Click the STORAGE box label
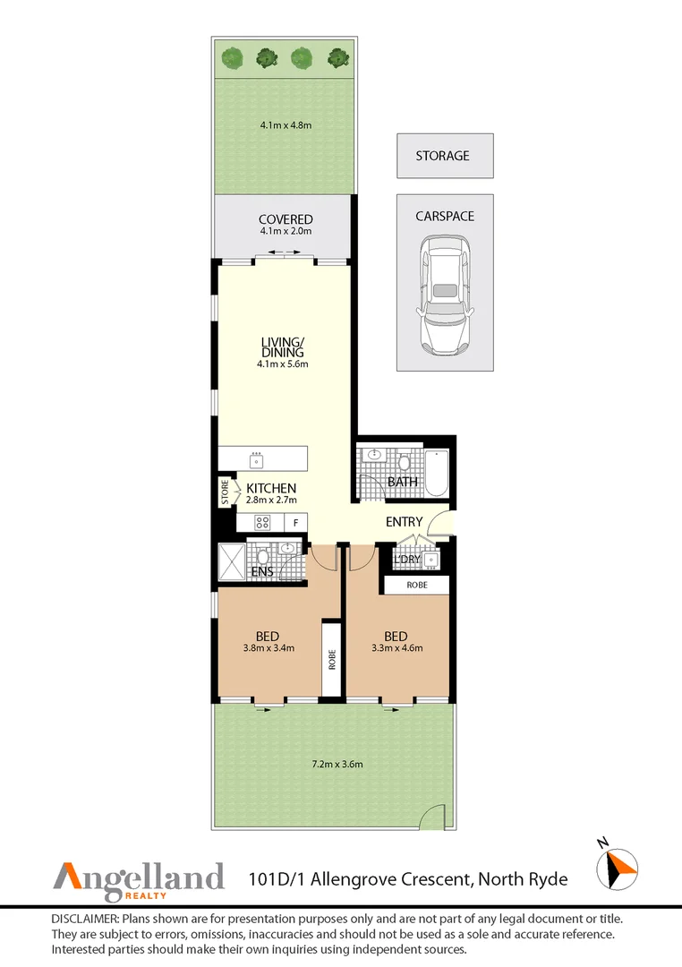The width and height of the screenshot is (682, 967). [442, 156]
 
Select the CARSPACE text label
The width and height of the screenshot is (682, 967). [445, 217]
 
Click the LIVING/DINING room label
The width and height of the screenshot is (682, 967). [283, 347]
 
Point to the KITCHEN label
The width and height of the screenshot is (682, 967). [271, 489]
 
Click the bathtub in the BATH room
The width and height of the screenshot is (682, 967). [437, 473]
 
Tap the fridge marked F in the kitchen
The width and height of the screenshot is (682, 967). [296, 523]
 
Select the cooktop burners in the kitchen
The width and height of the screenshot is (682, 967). [262, 523]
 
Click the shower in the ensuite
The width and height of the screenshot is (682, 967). [232, 561]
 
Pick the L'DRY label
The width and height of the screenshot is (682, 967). [407, 560]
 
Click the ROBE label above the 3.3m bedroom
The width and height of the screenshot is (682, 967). [417, 585]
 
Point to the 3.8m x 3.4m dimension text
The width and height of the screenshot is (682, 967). [269, 648]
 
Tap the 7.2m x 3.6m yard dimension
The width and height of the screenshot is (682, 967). [337, 764]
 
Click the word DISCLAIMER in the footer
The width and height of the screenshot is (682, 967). [85, 919]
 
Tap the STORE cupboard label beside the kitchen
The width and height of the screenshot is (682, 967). [225, 492]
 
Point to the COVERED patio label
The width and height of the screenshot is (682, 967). [286, 219]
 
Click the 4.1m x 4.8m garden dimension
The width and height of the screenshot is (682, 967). [286, 125]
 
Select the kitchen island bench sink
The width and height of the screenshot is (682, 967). [257, 460]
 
